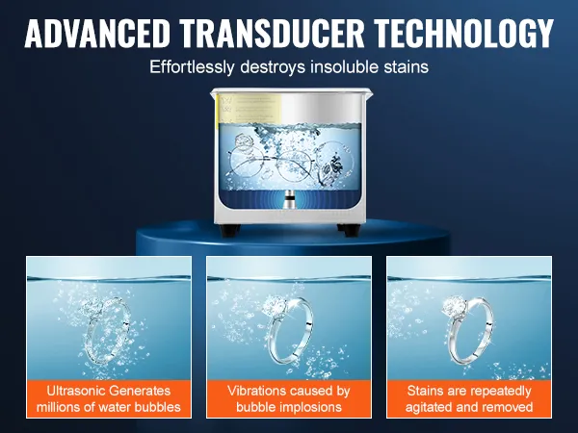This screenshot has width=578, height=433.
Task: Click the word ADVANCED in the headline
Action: (97, 33)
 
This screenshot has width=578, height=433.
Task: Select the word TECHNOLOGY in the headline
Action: (464, 33)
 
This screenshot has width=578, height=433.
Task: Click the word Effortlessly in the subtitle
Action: (192, 67)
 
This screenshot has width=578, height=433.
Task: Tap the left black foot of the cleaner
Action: (229, 230)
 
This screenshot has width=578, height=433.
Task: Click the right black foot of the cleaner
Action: (349, 230)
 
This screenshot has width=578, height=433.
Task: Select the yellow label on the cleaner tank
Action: (250, 109)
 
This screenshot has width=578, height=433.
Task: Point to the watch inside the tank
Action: (333, 166)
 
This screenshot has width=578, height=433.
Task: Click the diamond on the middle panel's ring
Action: (275, 305)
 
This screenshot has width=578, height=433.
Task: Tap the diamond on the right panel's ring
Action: (453, 306)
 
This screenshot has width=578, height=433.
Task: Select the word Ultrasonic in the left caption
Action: (76, 391)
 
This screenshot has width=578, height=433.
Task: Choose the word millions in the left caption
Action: (59, 407)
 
